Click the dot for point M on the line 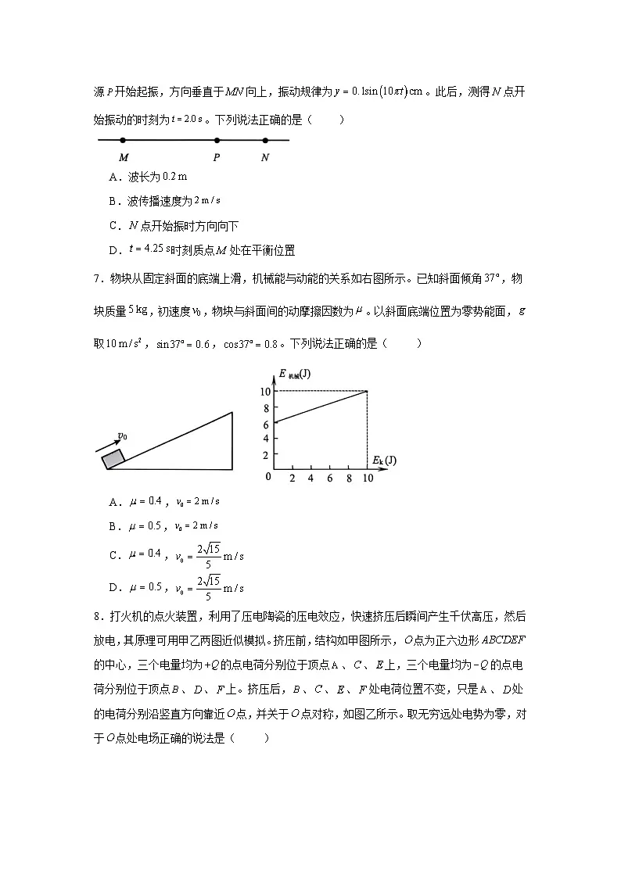[123, 141]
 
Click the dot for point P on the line [217, 141]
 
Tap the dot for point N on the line [265, 141]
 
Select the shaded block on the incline [114, 458]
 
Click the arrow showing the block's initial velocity [108, 446]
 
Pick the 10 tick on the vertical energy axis [266, 391]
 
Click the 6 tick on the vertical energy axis [266, 424]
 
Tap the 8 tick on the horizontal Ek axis [348, 478]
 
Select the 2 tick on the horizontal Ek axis [293, 478]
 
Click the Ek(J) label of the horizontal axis [383, 460]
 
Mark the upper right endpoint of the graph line [367, 391]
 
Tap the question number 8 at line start [96, 618]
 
